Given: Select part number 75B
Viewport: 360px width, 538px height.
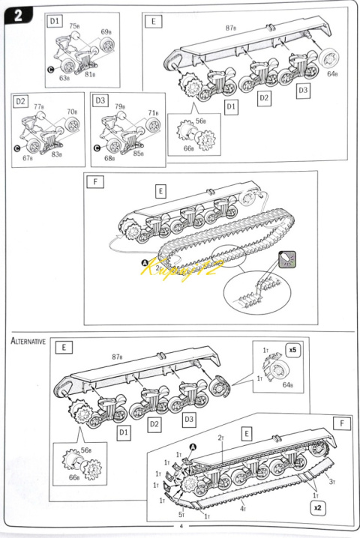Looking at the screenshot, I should pos(75,25).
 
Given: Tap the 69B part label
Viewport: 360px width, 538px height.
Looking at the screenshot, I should pos(106,32).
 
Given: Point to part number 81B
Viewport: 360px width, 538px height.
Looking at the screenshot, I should pos(90,73).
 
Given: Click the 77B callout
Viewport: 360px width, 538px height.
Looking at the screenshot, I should pos(40,107).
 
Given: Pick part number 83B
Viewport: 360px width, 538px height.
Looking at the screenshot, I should pos(56,154).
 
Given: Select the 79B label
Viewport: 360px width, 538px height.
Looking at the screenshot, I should pos(119,107).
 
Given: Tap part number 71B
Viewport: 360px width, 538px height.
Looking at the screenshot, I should pos(153,112).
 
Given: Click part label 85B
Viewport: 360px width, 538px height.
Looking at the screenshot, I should pos(136,155).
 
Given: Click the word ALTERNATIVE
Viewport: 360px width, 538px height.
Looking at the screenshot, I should pos(28,341).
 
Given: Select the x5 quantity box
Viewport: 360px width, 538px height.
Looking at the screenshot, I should pos(292,350).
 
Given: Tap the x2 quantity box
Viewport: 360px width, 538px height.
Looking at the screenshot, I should pos(317,507).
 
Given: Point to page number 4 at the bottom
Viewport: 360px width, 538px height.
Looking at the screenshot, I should pos(180,526).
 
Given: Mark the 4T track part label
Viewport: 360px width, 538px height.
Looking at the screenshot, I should pos(242,509).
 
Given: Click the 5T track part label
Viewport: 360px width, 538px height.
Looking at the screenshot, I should pos(181,514).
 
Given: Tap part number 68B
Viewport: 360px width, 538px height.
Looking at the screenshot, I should pos(110,158).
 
